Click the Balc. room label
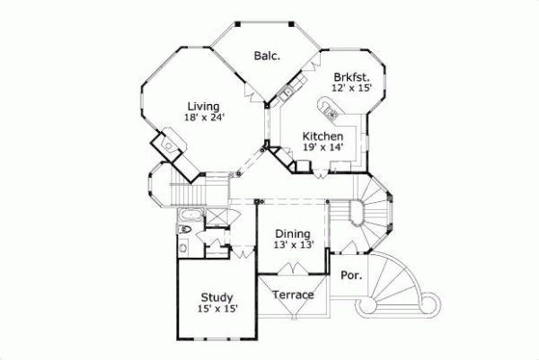coord(266,56)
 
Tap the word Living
coord(203,106)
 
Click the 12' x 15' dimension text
coord(351,89)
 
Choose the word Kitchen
coord(323,136)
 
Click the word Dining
coord(292,233)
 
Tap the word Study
coord(216,298)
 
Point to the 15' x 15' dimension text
coord(216,309)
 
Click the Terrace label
coord(293,295)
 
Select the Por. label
coord(351,276)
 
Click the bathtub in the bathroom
coord(189,215)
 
